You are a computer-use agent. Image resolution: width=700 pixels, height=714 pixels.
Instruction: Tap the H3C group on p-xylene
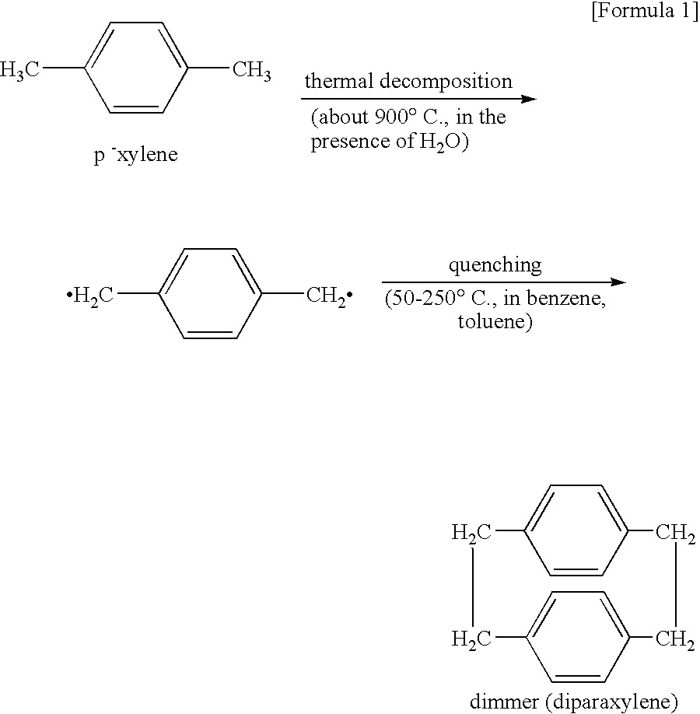21,71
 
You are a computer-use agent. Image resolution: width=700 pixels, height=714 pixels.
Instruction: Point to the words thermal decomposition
408,81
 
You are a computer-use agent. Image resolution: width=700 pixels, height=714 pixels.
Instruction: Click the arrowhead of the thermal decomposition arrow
529,99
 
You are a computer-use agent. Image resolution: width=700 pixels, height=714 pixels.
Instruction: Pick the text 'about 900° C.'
372,119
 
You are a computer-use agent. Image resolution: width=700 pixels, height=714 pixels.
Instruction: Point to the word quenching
495,264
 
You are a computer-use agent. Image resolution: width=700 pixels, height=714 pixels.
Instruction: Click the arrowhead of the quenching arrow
618,282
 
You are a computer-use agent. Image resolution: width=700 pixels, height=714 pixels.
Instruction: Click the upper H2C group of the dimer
471,533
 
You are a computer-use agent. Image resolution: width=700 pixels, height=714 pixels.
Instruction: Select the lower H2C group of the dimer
471,639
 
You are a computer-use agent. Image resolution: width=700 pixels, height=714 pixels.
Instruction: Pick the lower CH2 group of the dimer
674,639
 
